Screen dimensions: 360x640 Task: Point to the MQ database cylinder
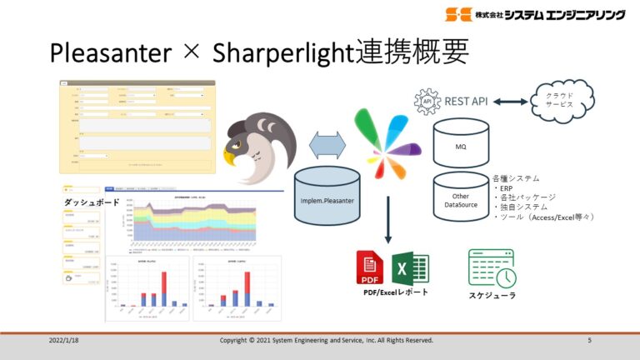tap(460, 142)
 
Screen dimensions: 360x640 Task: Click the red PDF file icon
tap(370, 267)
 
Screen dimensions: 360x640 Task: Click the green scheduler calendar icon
tap(491, 267)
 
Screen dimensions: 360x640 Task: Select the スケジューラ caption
tap(492, 296)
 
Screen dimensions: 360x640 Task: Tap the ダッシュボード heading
tap(91, 202)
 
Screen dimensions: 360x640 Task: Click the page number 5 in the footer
tap(589, 341)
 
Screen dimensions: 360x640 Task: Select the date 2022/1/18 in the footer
tap(67, 341)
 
